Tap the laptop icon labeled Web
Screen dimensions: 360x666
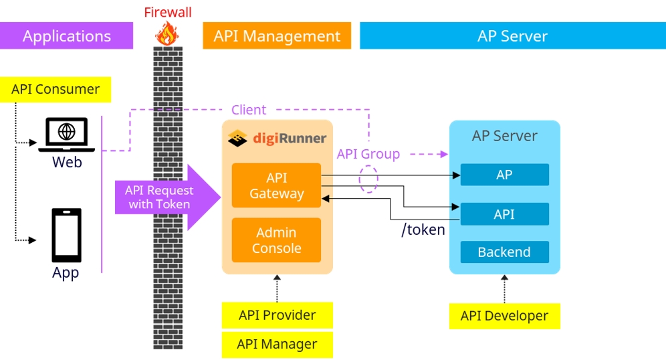66,134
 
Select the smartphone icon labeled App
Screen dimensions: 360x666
66,236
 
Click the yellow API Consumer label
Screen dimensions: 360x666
55,90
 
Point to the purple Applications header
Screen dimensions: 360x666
66,36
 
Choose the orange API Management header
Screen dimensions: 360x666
277,36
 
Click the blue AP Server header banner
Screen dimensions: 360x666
512,36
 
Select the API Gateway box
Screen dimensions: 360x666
276,185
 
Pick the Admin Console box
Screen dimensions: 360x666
276,240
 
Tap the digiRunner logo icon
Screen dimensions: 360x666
238,139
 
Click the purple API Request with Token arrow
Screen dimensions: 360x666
164,197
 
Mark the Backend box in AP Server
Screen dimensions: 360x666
504,252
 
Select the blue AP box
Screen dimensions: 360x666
504,175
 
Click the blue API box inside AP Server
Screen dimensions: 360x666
504,214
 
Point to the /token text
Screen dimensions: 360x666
423,230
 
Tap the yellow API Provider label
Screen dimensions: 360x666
277,315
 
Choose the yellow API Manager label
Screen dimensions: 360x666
277,345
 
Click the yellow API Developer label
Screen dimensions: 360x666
504,316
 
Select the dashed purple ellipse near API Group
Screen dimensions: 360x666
368,179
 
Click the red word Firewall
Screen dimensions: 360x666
168,13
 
